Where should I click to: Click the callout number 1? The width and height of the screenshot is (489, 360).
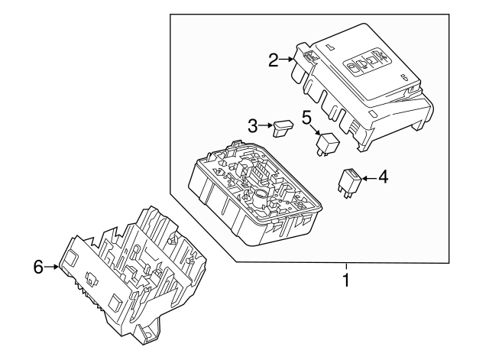click(346, 280)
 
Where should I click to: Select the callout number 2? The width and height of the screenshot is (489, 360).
click(274, 60)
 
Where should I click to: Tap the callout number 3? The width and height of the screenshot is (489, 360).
click(253, 125)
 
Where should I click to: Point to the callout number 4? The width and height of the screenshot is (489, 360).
click(384, 177)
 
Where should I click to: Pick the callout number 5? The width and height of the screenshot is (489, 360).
click(306, 118)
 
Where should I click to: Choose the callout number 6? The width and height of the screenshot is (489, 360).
click(38, 267)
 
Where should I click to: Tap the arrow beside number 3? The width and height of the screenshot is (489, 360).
click(266, 125)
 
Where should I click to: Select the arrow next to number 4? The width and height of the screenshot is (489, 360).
click(370, 178)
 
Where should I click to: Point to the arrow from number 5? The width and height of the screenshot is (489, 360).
click(316, 129)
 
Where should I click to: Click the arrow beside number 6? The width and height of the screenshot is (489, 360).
click(51, 267)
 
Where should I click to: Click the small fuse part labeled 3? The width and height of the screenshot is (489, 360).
click(283, 128)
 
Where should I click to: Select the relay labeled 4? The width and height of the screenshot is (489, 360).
click(349, 183)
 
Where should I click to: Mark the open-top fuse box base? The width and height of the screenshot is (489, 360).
click(254, 193)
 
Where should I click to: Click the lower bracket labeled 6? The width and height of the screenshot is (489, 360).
click(134, 274)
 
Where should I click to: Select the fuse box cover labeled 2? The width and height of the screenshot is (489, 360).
click(361, 87)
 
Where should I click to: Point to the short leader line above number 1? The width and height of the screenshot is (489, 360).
click(346, 268)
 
